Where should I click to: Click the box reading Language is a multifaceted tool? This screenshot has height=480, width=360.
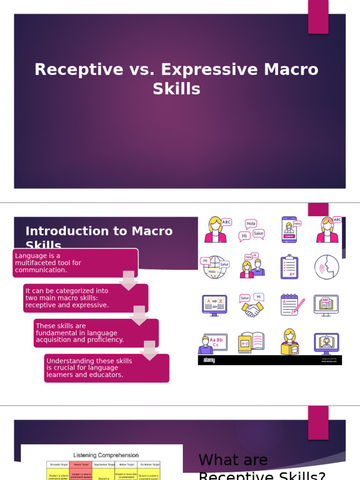tap(75, 263)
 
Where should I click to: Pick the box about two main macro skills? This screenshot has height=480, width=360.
tap(86, 298)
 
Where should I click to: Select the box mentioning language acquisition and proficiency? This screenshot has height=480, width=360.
tap(96, 333)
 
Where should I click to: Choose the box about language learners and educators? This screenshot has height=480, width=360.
tap(106, 368)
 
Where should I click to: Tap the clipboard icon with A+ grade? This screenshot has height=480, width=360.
tap(289, 267)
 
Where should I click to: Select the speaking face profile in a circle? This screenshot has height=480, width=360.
tap(327, 267)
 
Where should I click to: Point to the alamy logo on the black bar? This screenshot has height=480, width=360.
tap(209, 360)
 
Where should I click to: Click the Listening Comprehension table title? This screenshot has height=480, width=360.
tap(106, 455)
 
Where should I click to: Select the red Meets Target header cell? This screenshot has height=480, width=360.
tap(81, 465)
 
